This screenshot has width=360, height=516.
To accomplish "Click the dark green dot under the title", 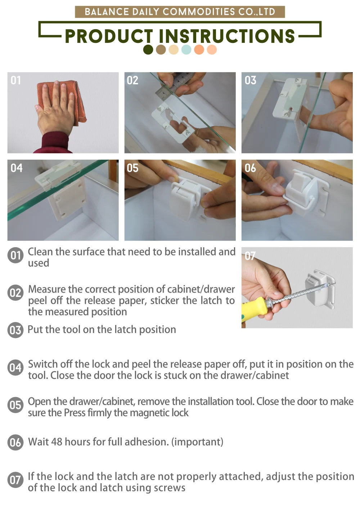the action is pos(148,49).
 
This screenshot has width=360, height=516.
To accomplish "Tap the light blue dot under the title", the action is pos(186,49).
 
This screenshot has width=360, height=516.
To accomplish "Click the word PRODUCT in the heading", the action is pos(109,36).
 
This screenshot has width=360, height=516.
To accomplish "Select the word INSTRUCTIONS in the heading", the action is pos(227,36).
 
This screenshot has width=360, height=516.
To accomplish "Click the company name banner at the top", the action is pos(180,12).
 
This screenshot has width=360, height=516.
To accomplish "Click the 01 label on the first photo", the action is pos(15,80).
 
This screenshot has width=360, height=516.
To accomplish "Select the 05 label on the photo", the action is pos(132,168).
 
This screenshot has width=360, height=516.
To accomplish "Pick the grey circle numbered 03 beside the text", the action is pos(15,330).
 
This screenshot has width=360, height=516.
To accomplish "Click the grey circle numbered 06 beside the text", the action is pos(15,442).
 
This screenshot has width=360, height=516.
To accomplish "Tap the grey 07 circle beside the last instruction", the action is pos(15,480).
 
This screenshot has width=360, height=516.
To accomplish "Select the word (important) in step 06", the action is pos(197,442).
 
